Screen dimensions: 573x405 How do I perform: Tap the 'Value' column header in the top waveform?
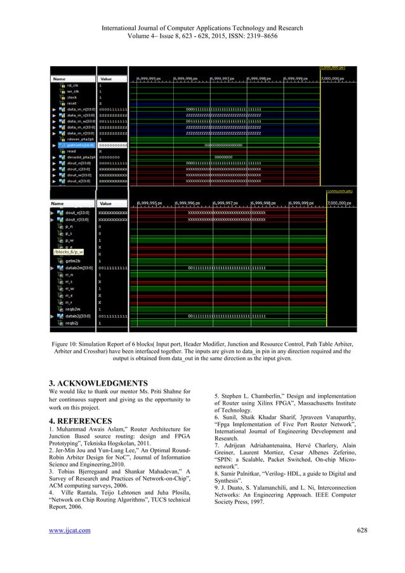(107, 79)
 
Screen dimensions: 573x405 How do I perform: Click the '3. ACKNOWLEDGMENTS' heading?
(98, 383)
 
